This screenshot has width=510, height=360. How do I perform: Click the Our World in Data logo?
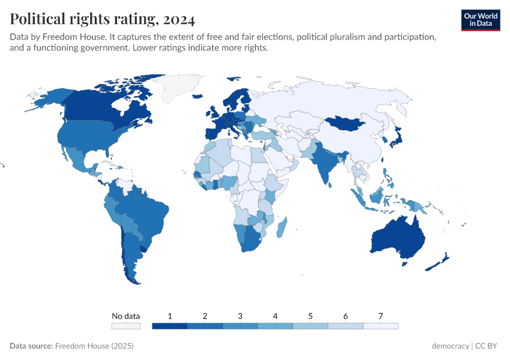tap(481, 19)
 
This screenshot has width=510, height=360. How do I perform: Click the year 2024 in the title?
tap(178, 20)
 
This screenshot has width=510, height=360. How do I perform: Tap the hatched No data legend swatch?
tap(126, 326)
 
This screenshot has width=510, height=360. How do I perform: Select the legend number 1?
tap(170, 316)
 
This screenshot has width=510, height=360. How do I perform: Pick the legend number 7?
tap(380, 316)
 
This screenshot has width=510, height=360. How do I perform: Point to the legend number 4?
tap(275, 316)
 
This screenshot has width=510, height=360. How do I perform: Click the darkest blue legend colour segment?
tap(170, 326)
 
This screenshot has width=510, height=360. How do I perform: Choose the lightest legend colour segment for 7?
tap(380, 326)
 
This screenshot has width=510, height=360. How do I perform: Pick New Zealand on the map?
tap(440, 261)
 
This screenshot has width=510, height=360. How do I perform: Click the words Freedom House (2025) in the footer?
tap(94, 346)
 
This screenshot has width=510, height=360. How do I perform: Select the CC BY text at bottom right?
tap(487, 346)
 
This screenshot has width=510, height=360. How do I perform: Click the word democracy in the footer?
tap(450, 346)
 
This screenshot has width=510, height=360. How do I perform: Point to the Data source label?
tap(31, 346)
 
